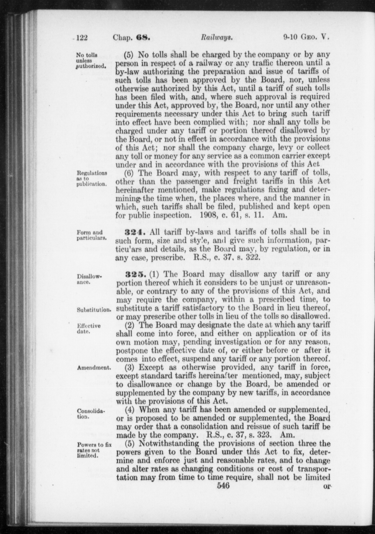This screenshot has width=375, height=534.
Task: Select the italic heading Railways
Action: click(x=216, y=38)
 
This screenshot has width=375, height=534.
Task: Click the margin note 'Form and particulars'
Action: click(x=91, y=235)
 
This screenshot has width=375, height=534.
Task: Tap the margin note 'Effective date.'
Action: click(x=89, y=329)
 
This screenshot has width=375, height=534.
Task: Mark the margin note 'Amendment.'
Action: click(x=94, y=368)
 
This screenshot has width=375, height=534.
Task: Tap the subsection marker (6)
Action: click(x=130, y=173)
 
